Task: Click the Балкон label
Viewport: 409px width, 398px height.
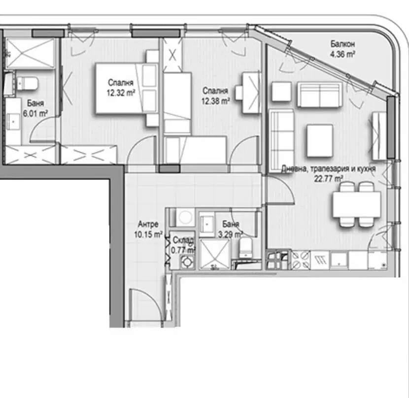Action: pos(342,44)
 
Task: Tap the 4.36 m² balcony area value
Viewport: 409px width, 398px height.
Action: pos(342,54)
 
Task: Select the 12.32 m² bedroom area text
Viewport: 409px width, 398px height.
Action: pos(121,93)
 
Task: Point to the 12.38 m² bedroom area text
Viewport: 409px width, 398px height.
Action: pos(215,101)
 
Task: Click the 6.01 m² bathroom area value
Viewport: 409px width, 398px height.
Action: pos(35,114)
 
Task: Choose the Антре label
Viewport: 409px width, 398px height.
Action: pos(148,224)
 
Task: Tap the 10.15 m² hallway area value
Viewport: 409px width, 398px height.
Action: pos(148,234)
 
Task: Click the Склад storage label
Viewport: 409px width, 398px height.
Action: pos(183,240)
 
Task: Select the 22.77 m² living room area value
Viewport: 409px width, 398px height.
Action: pos(328,179)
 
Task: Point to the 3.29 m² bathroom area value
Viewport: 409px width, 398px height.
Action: pos(230,234)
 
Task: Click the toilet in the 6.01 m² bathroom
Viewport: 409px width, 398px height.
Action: pos(28,83)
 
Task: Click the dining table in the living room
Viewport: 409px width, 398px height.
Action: pos(357,204)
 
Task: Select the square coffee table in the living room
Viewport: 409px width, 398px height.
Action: pos(320,140)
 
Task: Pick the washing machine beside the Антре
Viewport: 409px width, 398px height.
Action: pos(185,217)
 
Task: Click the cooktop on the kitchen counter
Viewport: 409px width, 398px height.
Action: pos(301,260)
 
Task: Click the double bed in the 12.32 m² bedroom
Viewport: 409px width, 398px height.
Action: pos(126,89)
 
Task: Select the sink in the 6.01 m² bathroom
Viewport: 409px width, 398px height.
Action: pos(13,121)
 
